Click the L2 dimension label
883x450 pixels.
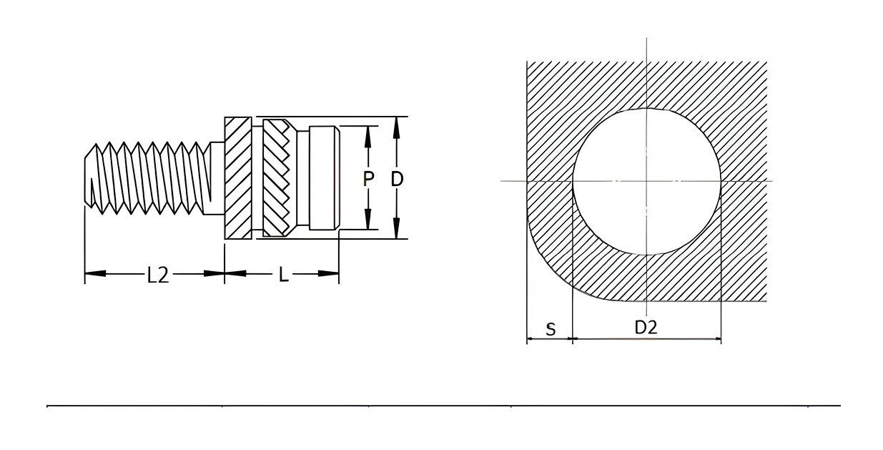[x=158, y=275]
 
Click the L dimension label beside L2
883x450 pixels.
[x=284, y=275]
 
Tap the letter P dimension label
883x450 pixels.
[x=367, y=179]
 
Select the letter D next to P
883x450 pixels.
[x=397, y=179]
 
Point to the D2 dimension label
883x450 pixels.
[x=646, y=328]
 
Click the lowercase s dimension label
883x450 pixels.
[x=551, y=328]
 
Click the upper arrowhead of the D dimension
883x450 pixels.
[x=397, y=127]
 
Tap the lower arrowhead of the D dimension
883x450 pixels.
[x=397, y=228]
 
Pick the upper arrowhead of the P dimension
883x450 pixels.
[x=367, y=137]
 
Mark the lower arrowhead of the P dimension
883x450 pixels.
[x=367, y=219]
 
